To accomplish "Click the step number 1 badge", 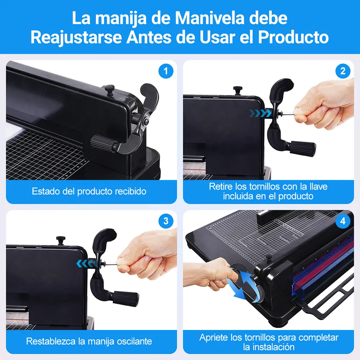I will (166, 71).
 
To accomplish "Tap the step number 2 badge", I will (343, 71).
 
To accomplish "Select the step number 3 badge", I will (166, 221).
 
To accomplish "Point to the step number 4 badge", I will (343, 221).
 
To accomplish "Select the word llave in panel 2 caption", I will (318, 186).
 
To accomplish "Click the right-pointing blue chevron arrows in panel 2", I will (261, 113).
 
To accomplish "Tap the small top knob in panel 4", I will (269, 258).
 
